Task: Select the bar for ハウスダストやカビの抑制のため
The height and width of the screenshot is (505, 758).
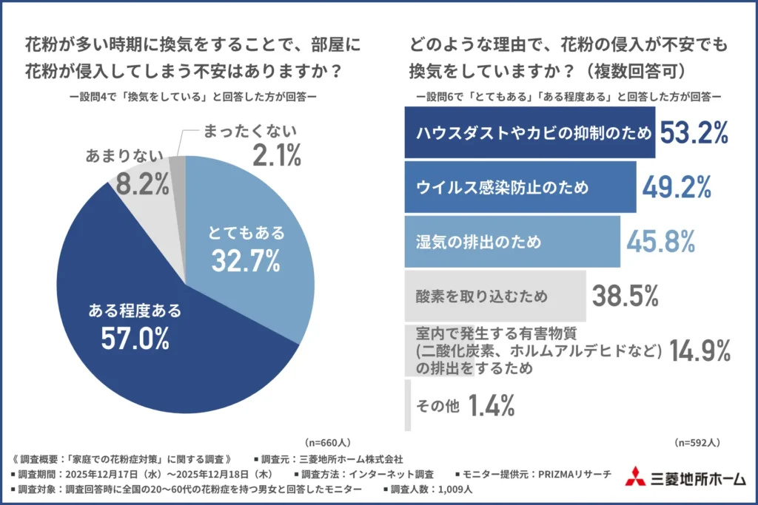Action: point(529,133)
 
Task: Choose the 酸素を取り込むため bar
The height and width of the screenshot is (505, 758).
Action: point(494,296)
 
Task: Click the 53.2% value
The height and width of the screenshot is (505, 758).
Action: point(694,133)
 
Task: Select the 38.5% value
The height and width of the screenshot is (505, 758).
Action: point(625,296)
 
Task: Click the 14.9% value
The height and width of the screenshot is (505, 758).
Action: point(700,350)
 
